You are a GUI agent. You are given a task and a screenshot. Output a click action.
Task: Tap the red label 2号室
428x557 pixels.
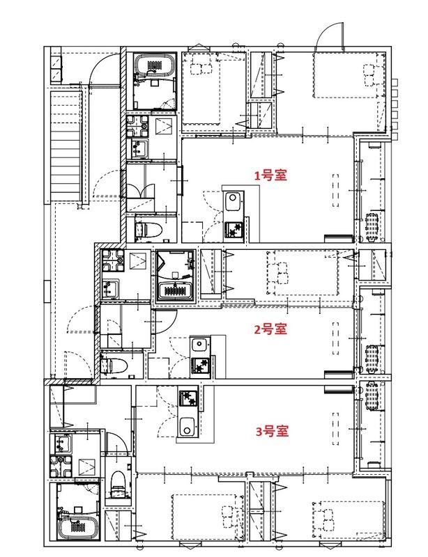click(270, 329)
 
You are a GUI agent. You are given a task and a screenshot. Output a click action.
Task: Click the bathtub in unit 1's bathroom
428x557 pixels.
click(155, 67)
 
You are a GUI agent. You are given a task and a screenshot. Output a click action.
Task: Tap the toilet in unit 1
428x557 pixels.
click(148, 229)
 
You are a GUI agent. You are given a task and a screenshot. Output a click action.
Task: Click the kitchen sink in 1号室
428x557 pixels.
click(232, 203)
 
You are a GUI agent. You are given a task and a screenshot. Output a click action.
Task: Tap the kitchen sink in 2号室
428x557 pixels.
click(199, 344)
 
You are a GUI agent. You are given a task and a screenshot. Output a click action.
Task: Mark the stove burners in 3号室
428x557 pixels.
click(188, 399)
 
